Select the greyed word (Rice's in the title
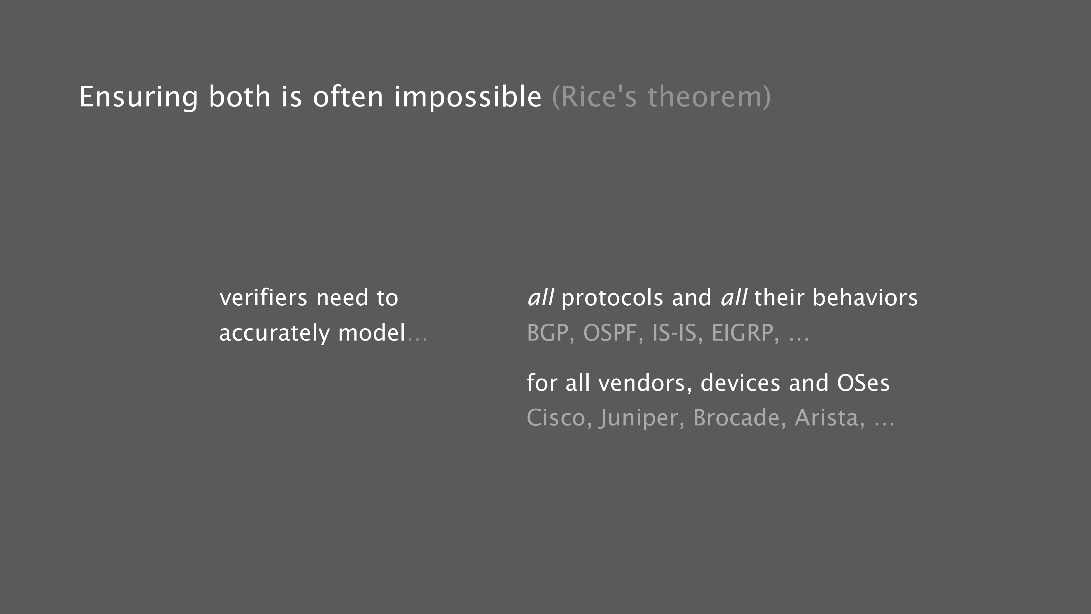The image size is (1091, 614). (595, 97)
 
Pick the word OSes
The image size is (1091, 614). (863, 383)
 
